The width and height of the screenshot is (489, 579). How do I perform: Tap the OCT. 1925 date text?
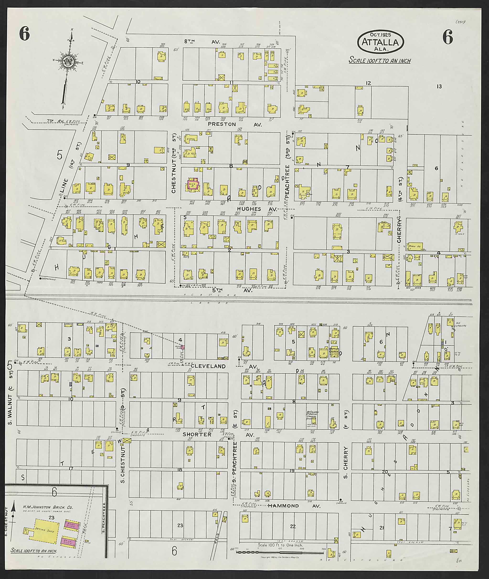[380, 35]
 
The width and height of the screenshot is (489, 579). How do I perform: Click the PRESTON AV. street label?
[234, 124]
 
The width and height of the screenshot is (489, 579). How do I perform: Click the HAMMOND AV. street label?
[294, 506]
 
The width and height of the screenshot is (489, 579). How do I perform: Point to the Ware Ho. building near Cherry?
[415, 246]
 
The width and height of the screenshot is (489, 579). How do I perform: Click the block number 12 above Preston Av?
[368, 83]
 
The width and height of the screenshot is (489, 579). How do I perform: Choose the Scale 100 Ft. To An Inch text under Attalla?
[380, 60]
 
